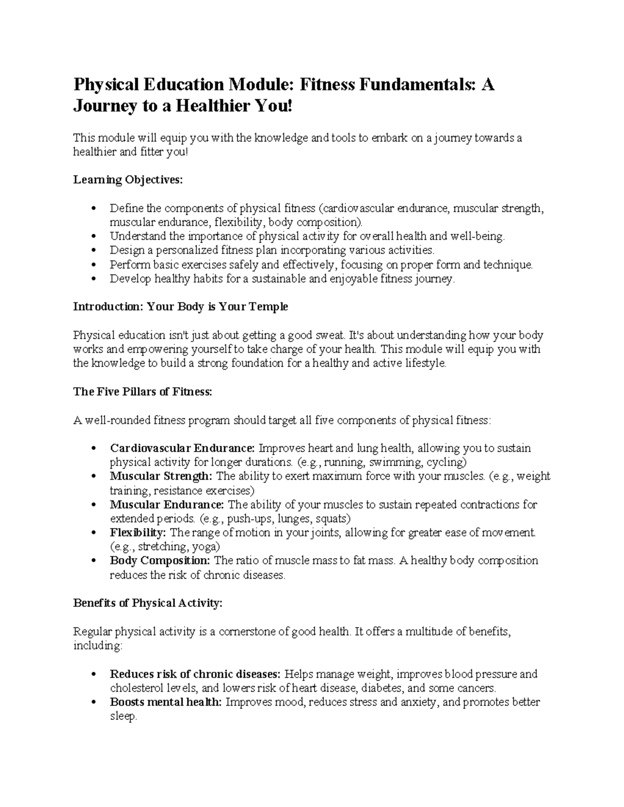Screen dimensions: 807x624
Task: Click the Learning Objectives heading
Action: pos(128,180)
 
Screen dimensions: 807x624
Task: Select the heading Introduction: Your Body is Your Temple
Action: pos(180,307)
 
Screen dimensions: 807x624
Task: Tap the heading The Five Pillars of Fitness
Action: pos(142,392)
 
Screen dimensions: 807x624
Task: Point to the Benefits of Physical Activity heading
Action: pos(148,603)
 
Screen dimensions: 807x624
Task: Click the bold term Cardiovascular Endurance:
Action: pos(182,448)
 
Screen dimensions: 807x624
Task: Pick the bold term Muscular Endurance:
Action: pos(167,505)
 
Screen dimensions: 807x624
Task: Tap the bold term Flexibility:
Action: pos(138,533)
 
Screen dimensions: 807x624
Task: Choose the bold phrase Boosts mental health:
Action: pos(166,702)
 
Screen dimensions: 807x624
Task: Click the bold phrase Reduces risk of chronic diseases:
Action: pos(195,674)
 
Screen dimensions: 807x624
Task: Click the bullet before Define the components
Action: pos(94,209)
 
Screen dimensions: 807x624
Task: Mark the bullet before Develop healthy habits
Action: pos(94,279)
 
